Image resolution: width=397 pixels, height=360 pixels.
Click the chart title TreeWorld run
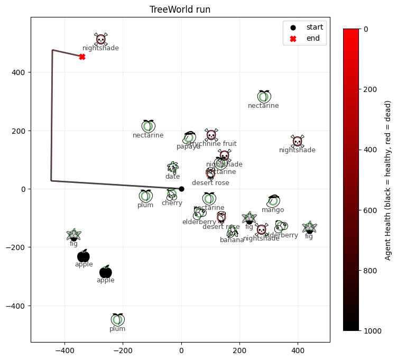point(180,10)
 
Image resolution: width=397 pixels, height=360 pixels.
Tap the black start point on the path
point(181,189)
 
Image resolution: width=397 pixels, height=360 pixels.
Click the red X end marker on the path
point(82,57)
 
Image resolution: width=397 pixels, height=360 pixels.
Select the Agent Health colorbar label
point(388,179)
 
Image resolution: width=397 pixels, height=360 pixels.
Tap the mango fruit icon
point(273,200)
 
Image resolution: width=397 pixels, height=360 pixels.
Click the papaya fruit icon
point(190,137)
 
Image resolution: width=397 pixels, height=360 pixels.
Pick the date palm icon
point(173,168)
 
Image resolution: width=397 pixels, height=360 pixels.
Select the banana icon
point(232,232)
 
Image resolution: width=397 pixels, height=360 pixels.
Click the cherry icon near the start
point(171,194)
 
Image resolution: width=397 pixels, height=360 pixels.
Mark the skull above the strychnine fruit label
point(211,135)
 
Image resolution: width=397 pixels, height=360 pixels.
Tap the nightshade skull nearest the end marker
point(100,40)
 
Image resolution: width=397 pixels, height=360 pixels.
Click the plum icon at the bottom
point(118,319)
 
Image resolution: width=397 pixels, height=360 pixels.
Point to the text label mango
point(273,210)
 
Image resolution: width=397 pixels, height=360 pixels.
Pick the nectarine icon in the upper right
point(264,96)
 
